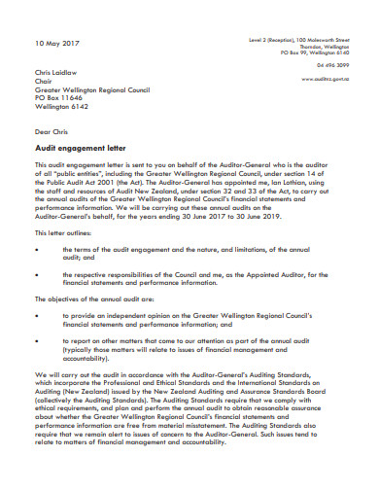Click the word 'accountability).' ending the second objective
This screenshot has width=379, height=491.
pyautogui.click(x=92, y=361)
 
